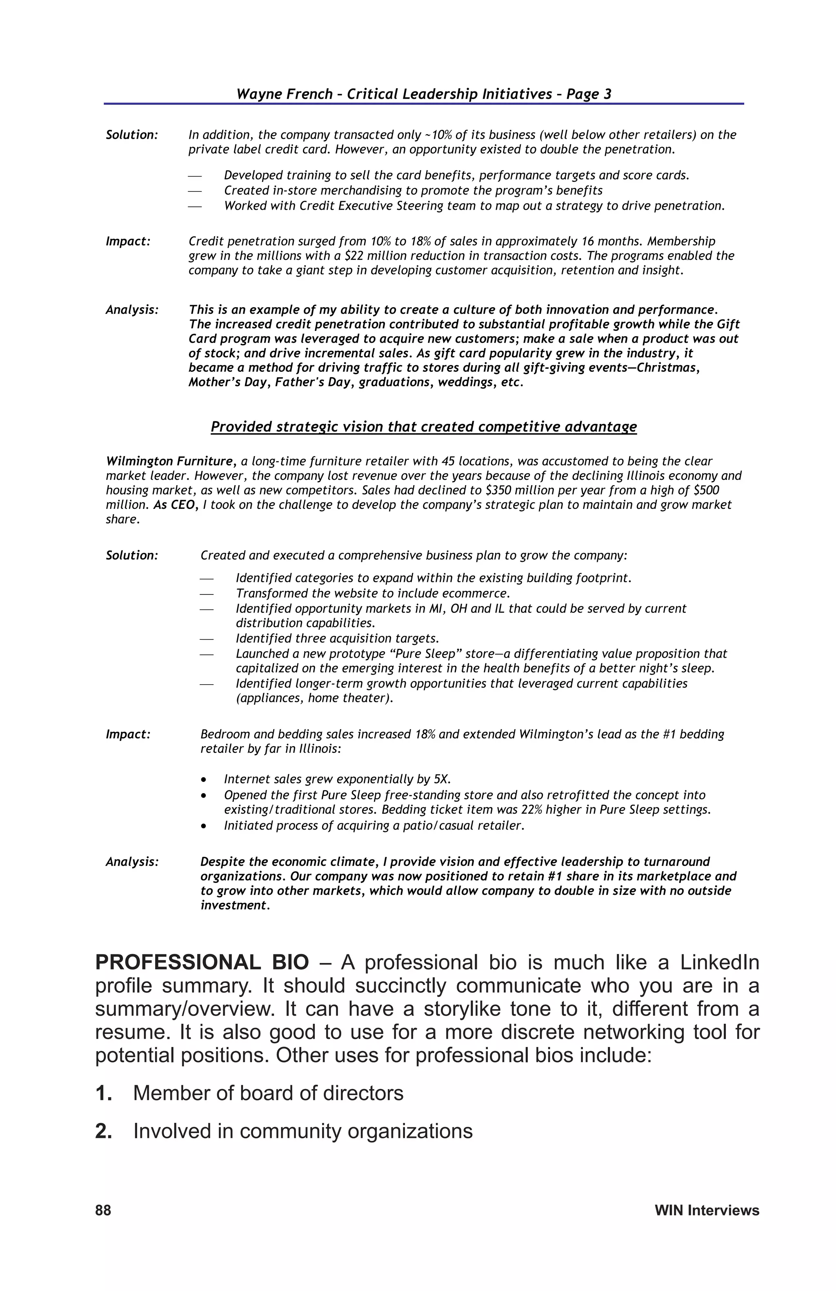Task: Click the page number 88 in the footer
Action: [103, 1210]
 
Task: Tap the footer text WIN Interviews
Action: [706, 1210]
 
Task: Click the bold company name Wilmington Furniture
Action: [169, 461]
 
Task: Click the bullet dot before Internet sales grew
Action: [203, 779]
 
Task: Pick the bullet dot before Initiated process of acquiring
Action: [203, 826]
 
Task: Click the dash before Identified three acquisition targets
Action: [206, 639]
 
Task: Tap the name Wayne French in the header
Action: [284, 94]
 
